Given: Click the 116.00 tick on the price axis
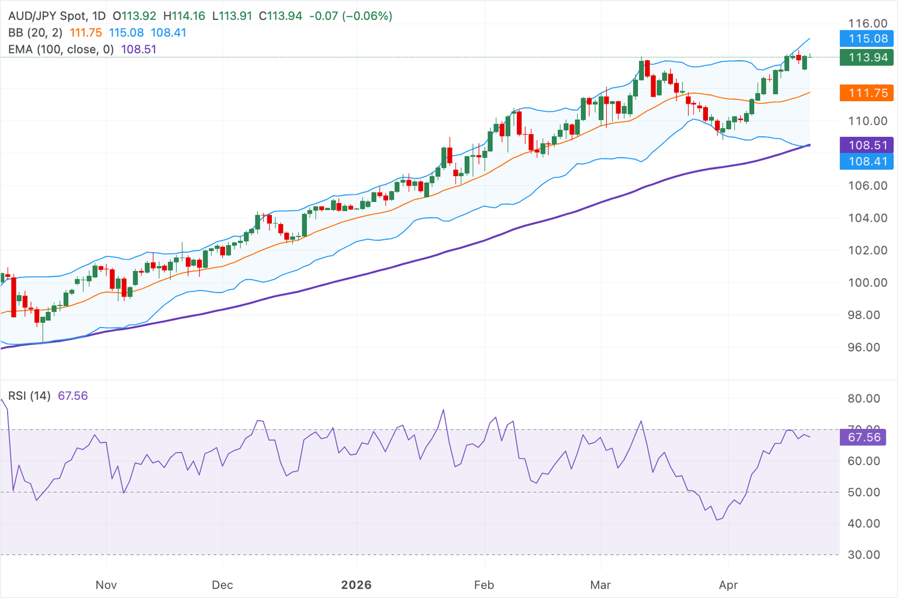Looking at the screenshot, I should (868, 23).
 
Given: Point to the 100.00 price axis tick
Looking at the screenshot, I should (868, 283).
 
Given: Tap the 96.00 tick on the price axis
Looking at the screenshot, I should (868, 347).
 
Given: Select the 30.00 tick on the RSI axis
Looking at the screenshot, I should (864, 555).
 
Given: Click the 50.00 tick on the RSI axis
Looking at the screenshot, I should (864, 492).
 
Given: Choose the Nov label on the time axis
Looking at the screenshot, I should (106, 585).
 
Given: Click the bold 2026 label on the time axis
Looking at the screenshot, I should (356, 585).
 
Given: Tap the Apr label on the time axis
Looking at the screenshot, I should (728, 585).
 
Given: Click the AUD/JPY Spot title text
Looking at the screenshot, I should (47, 16).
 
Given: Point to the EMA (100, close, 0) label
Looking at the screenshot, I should (61, 49).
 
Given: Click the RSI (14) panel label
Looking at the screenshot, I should (29, 396).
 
